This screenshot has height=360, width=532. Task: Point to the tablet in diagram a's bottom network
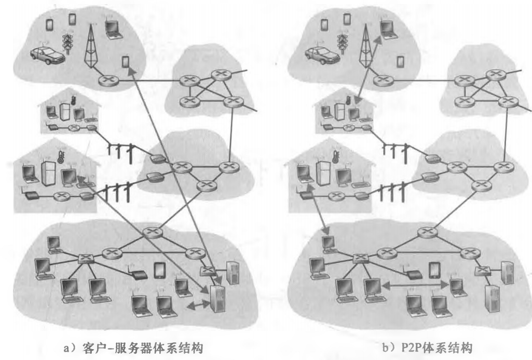click(x=159, y=270)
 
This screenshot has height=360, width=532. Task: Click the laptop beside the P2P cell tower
click(x=386, y=29)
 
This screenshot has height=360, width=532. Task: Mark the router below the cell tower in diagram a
click(x=109, y=81)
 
